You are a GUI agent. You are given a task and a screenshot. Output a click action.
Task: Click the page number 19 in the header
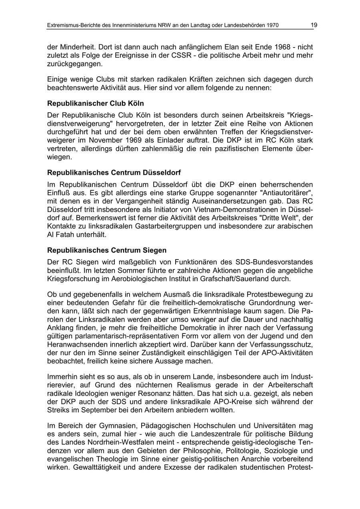[314, 25]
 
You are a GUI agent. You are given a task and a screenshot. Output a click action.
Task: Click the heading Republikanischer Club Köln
[96, 104]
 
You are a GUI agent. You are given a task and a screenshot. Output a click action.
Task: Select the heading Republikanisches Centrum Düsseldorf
[114, 173]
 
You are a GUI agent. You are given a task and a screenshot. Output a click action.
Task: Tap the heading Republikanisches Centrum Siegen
[107, 250]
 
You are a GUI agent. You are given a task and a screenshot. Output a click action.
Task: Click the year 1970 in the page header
[272, 26]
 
